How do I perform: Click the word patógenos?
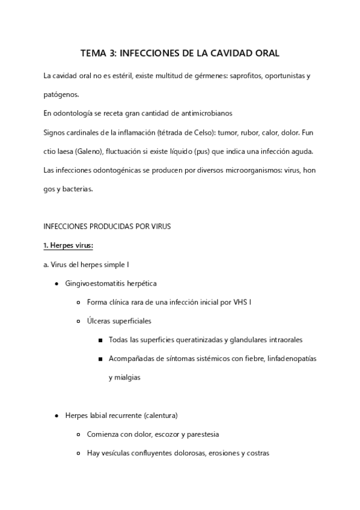[x=61, y=94]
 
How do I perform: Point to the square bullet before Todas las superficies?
[x=99, y=340]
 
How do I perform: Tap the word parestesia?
[x=191, y=434]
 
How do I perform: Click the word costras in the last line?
[x=257, y=453]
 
